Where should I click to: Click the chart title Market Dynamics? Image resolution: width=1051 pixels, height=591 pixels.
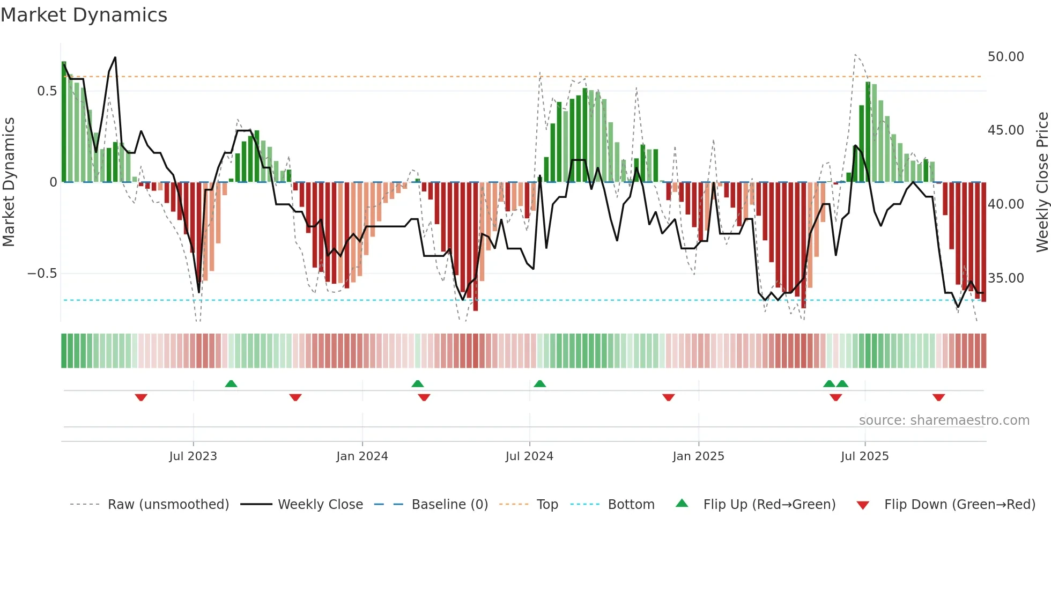84,15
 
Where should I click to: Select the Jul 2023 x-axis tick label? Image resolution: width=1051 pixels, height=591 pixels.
193,456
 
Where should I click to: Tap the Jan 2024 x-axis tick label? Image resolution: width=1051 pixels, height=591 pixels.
362,456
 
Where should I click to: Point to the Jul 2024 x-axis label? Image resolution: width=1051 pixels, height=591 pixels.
529,456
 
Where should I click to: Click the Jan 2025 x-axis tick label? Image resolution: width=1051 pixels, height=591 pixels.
698,456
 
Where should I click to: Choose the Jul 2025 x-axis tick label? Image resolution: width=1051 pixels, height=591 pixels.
864,456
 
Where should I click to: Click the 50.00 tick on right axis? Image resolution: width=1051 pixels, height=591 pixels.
1005,57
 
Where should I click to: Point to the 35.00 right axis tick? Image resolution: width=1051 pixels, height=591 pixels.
1005,278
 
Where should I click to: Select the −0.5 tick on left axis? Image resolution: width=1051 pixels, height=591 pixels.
42,274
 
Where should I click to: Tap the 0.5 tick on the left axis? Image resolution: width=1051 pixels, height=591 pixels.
47,91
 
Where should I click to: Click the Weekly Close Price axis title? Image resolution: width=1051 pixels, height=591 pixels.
1042,182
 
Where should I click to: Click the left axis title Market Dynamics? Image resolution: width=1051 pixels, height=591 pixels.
9,182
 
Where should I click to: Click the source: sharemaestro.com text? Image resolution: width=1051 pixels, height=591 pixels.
944,420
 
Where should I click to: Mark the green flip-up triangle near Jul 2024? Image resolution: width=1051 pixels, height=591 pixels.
540,383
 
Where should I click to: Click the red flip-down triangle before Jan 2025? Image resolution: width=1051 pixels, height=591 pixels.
668,397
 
